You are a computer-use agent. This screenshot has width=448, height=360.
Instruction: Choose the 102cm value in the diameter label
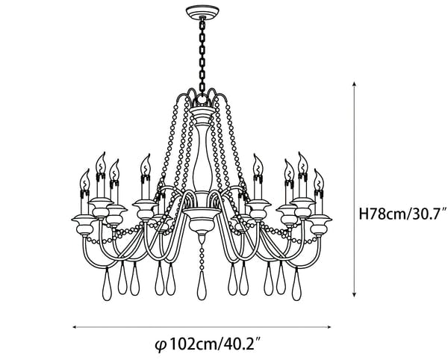189,344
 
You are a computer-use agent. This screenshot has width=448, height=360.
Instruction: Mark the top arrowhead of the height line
354,84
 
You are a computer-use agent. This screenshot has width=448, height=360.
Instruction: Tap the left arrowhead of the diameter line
76,327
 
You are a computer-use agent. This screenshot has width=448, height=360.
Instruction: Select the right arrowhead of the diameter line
329,327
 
